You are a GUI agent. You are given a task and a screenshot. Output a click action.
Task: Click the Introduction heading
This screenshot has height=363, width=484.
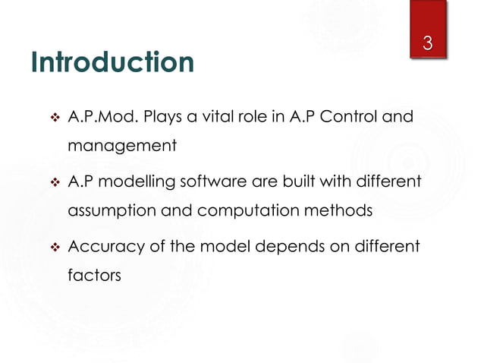[112, 63]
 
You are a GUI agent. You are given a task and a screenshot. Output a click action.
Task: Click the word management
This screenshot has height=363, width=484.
[122, 146]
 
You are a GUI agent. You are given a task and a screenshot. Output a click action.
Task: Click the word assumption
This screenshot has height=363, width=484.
[112, 210]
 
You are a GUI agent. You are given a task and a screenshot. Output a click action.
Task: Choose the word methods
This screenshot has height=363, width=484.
[338, 210]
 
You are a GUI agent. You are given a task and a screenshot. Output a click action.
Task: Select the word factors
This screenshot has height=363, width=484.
[94, 275]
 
